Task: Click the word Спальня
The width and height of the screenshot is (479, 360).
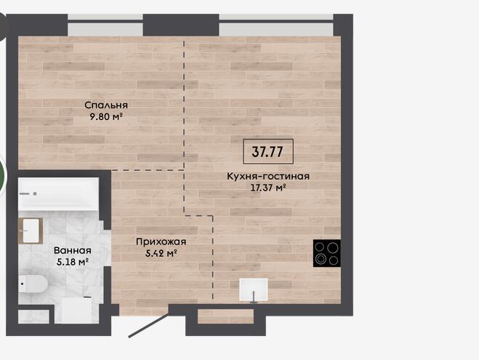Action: [106, 105]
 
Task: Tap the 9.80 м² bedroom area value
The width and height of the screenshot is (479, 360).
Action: [106, 116]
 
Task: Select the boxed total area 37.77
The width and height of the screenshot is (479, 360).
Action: [268, 151]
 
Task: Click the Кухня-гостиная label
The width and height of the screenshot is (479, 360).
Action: [268, 176]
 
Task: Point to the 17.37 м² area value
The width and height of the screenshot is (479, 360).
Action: [268, 188]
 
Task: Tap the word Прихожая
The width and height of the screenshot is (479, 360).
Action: [161, 242]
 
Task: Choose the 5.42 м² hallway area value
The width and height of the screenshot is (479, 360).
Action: [161, 253]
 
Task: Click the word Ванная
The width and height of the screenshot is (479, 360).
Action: [73, 251]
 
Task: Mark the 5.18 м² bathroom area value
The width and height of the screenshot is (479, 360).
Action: [73, 262]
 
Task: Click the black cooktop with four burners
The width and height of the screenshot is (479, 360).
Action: [327, 253]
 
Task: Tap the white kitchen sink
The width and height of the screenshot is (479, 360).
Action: [253, 289]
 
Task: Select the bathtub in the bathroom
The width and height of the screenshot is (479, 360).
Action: [58, 193]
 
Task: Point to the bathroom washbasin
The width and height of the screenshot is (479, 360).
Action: [31, 231]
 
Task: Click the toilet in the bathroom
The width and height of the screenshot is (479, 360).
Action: [33, 284]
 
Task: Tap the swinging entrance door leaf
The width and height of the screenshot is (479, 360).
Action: [148, 325]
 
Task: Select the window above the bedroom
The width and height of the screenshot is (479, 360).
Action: [105, 25]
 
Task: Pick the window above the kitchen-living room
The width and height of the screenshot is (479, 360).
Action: [276, 25]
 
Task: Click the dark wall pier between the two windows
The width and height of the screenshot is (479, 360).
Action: [181, 25]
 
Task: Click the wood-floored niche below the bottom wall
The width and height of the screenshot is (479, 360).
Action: [225, 316]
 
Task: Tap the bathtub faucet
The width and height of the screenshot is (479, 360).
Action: [28, 193]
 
